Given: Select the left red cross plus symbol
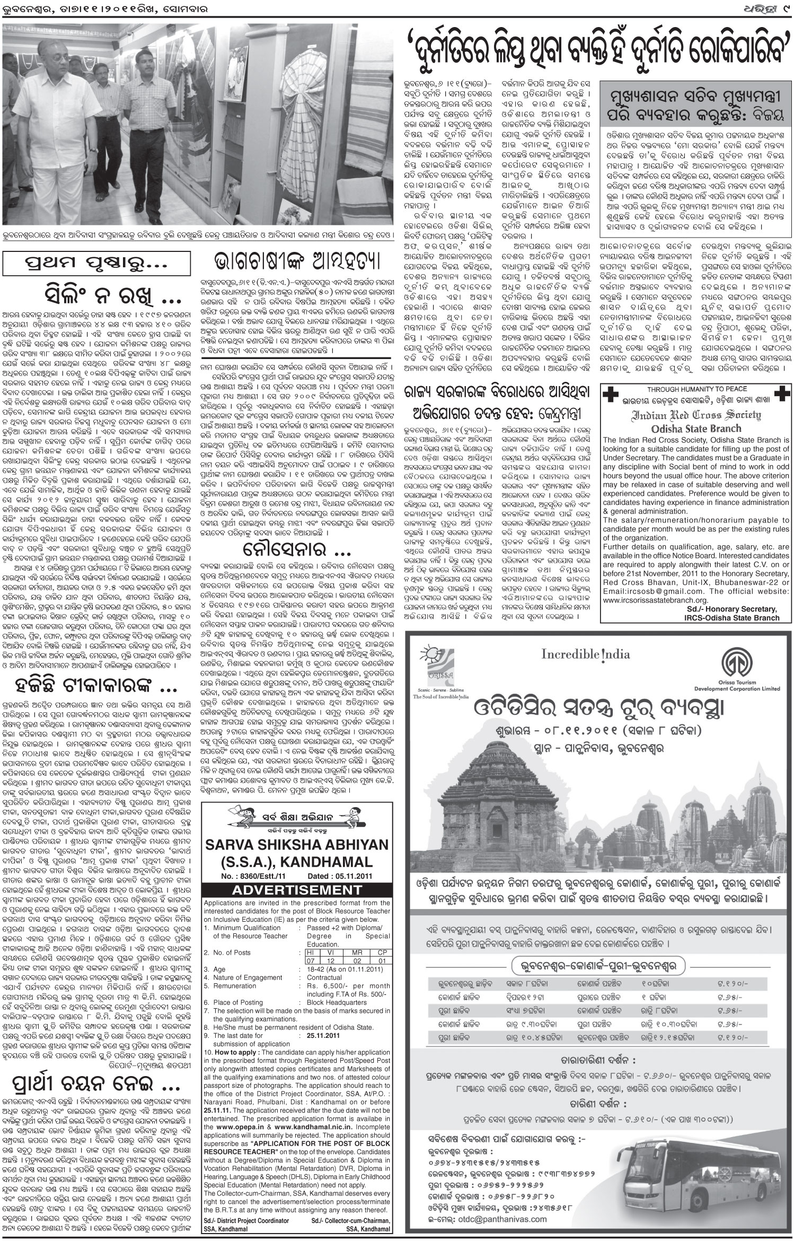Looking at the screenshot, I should click(610, 394).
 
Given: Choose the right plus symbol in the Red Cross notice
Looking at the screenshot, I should click(779, 394).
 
